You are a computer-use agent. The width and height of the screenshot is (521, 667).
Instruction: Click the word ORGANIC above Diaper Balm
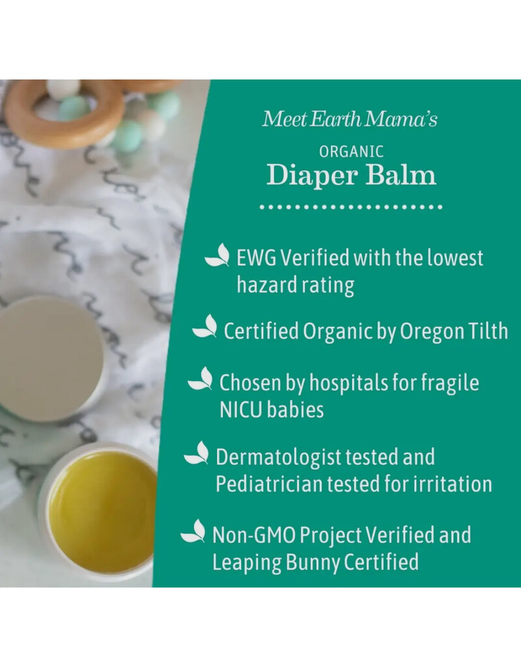(x=351, y=151)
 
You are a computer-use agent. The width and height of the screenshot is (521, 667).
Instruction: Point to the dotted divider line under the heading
(x=351, y=207)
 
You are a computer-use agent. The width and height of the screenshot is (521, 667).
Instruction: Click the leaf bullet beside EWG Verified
(x=218, y=255)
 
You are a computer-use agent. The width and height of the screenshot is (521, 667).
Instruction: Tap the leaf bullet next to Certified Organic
(x=205, y=326)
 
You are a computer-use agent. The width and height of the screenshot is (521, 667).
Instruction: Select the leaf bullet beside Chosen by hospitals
(x=201, y=378)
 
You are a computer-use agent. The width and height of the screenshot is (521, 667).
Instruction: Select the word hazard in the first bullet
(x=263, y=285)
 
